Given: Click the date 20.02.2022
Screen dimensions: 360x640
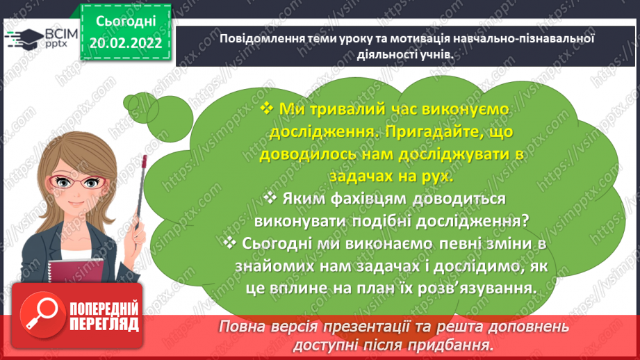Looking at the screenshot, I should coord(126,43).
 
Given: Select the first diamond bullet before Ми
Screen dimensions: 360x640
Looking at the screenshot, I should coord(267,108).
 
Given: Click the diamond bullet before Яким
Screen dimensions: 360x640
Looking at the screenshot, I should coord(272,199).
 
